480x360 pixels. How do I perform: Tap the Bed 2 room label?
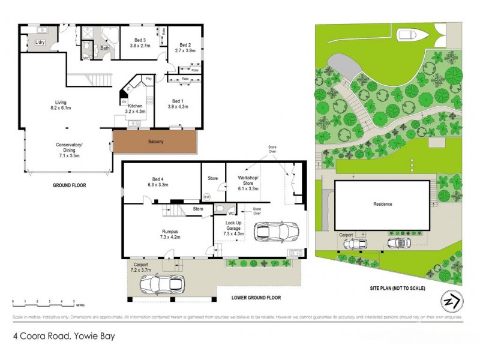click(182, 48)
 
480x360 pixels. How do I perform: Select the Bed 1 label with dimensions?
click(178, 104)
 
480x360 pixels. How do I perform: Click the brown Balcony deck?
click(155, 142)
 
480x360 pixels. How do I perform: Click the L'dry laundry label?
click(41, 42)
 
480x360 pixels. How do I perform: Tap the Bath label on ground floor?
click(105, 48)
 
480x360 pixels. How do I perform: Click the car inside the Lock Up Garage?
click(276, 230)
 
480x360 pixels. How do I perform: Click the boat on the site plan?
click(413, 35)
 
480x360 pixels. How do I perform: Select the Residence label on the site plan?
click(382, 204)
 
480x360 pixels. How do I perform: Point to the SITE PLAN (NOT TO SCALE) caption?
click(397, 289)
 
